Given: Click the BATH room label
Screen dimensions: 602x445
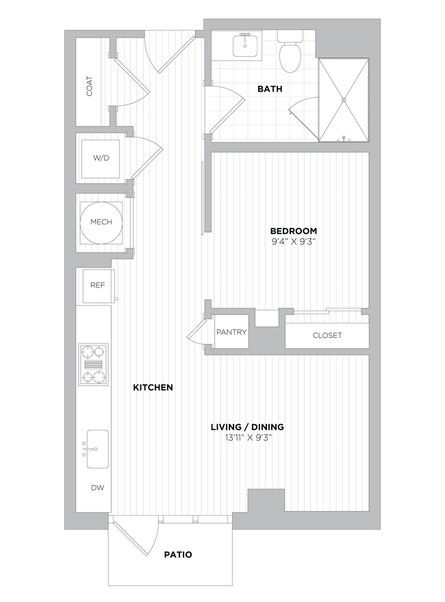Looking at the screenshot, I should tap(270, 89).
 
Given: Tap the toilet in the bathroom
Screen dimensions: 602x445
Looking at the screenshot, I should tap(290, 53).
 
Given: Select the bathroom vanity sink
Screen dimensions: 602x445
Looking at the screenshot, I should tap(244, 46).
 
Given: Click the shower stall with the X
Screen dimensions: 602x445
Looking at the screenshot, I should tap(344, 100).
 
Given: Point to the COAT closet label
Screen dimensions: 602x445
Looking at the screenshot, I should tap(90, 85).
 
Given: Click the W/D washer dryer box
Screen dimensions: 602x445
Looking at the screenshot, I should tap(101, 158).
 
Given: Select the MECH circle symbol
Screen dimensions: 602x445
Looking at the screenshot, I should tap(101, 222).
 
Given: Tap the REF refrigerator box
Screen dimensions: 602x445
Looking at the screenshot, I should tap(97, 285).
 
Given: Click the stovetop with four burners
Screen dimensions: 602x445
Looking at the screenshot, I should tap(94, 365).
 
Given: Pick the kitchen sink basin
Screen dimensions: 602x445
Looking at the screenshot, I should tap(97, 449).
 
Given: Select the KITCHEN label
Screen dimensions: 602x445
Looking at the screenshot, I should tap(153, 387).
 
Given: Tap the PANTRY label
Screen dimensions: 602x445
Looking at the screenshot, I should tap(231, 332).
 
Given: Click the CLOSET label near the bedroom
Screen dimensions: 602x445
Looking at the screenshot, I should tap(327, 335).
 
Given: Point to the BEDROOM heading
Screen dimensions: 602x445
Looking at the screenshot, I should tap(293, 231).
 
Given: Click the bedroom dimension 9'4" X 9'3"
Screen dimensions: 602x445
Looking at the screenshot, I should tap(293, 241).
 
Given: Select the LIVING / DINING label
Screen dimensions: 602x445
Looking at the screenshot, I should tap(247, 427).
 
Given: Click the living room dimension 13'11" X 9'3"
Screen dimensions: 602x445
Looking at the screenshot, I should tap(247, 438).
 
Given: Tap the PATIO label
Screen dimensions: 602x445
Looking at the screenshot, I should tap(178, 554).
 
